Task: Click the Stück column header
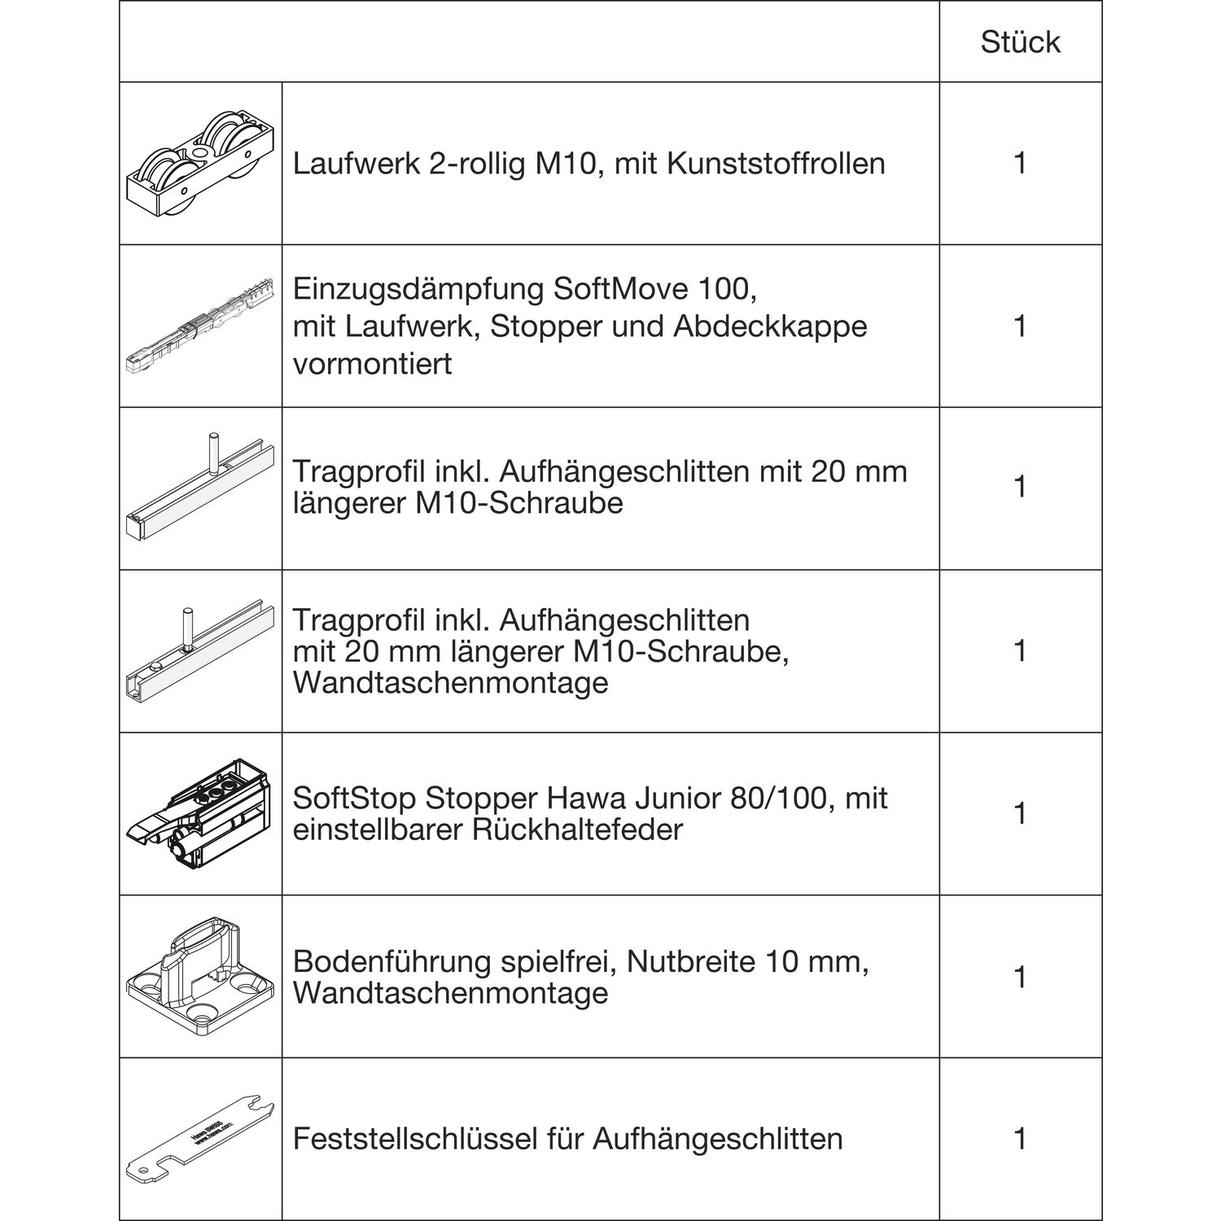coord(1020,42)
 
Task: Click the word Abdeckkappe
coord(770,326)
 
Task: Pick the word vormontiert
coord(372,364)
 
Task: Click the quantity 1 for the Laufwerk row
coord(1020,164)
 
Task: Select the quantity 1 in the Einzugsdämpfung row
coord(1020,326)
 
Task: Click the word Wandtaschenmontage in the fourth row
coord(450,682)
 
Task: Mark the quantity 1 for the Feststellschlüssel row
coord(1020,1139)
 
